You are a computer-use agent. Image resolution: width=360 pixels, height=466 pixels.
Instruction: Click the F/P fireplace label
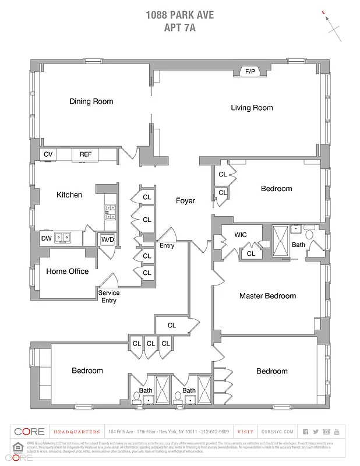(250, 71)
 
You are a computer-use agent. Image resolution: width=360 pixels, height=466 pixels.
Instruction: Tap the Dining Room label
(91, 101)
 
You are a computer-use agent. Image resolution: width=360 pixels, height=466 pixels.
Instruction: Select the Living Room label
(252, 108)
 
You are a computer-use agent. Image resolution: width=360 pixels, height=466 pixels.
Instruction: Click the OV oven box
(48, 154)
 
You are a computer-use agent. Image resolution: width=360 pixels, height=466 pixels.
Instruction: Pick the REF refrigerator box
(86, 154)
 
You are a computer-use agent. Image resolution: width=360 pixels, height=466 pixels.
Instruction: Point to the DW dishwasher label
(46, 238)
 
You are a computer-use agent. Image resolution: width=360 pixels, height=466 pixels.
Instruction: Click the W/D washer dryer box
(107, 239)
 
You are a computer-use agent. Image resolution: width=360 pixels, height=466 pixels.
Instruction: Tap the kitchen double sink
(63, 238)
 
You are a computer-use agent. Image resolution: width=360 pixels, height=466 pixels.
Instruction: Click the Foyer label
(185, 200)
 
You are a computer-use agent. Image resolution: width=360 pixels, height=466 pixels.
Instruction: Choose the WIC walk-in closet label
(241, 235)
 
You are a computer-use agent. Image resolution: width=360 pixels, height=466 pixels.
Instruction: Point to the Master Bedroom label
(267, 296)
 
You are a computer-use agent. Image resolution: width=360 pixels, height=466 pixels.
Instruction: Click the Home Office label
(68, 271)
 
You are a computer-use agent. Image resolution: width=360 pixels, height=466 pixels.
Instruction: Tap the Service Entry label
(109, 296)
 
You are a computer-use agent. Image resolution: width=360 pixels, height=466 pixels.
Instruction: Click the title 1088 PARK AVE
(180, 15)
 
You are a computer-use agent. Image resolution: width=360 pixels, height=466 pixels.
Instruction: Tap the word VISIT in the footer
(245, 432)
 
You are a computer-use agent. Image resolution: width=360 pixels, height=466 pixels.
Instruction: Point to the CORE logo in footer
(29, 432)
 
